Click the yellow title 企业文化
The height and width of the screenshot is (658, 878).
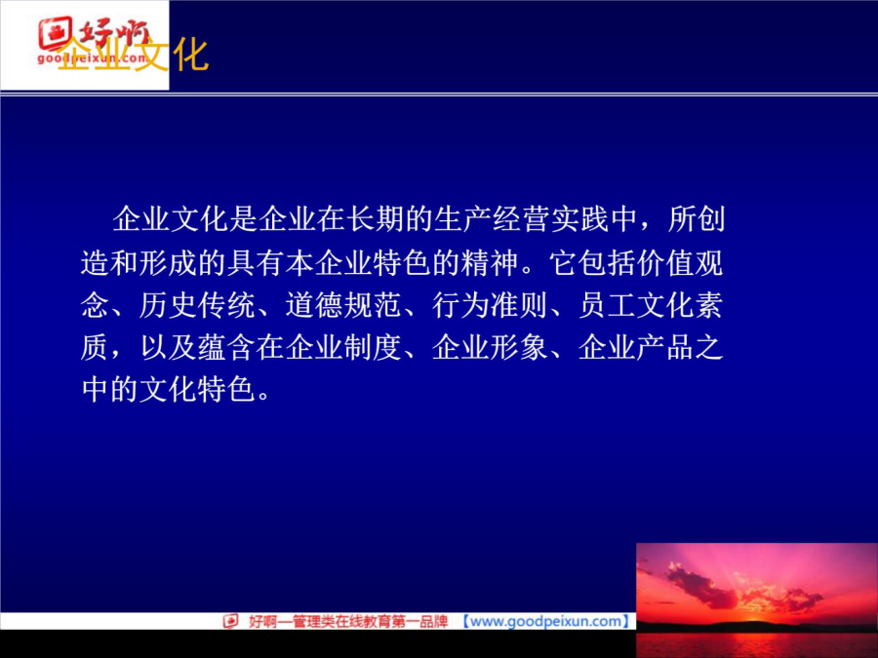133,55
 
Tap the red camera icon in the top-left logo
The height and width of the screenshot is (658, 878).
55,33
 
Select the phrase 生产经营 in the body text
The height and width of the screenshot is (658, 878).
492,218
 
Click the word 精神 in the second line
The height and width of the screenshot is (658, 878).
490,262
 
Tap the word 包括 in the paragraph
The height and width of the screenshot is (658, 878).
607,262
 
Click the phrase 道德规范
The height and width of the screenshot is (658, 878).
342,305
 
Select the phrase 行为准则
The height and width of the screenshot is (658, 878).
490,305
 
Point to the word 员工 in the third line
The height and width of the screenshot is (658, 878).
607,305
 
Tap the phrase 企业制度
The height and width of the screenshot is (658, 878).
342,347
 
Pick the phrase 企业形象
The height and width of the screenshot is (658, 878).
490,347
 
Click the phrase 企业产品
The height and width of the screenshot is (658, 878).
636,347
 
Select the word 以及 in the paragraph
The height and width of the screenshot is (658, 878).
168,347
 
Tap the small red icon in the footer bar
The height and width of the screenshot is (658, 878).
230,621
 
